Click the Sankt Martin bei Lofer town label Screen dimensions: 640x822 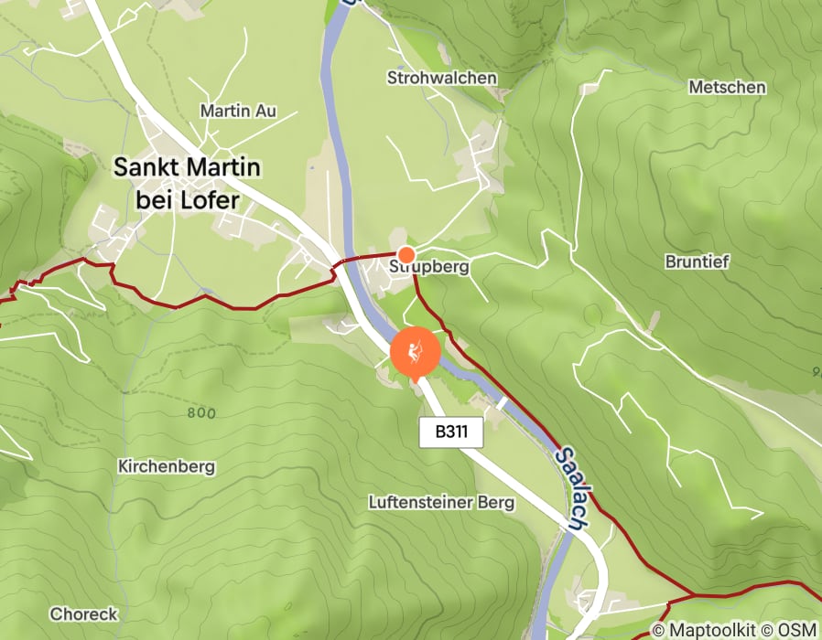tap(187, 183)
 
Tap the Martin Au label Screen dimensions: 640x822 tap(237, 112)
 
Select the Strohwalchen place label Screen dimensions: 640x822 tap(442, 78)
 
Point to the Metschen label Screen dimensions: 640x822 tap(727, 87)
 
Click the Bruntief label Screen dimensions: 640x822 tap(697, 261)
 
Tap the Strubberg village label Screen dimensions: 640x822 tap(428, 268)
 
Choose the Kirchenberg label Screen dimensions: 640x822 tap(167, 466)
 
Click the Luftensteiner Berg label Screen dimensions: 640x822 tap(441, 502)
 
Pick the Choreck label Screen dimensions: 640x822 tap(84, 613)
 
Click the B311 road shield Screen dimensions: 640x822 tap(451, 432)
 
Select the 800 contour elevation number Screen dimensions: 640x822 tap(200, 412)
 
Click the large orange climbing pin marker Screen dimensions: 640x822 tap(416, 353)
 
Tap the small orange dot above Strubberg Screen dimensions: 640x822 tap(406, 253)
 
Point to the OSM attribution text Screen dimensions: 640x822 tap(796, 629)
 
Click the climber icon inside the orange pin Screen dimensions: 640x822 tap(416, 350)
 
